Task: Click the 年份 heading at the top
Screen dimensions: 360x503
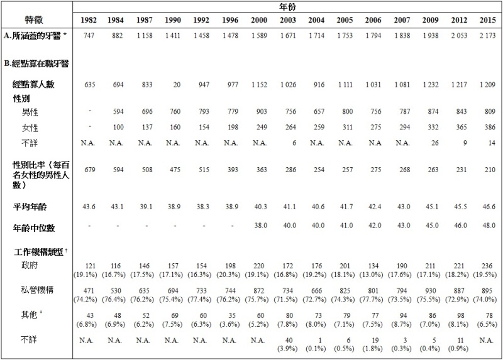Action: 287,6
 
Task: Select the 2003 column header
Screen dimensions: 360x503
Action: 287,19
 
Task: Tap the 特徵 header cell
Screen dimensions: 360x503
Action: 35,13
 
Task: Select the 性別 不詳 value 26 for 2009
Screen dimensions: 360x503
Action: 433,142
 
